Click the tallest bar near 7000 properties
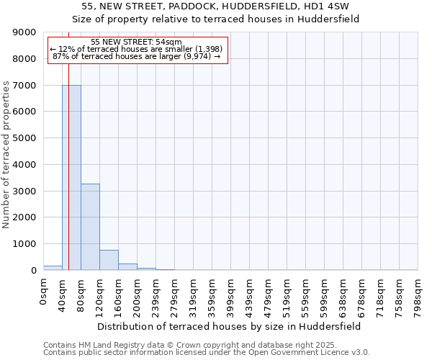click(x=71, y=177)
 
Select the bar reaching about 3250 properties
click(x=90, y=227)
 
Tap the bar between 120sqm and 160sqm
click(x=109, y=260)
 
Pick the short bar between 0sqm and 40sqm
click(x=53, y=268)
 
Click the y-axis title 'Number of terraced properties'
click(x=6, y=155)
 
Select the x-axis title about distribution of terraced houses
click(x=228, y=326)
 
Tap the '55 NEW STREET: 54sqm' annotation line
click(x=137, y=42)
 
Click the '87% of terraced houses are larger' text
click(x=137, y=56)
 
